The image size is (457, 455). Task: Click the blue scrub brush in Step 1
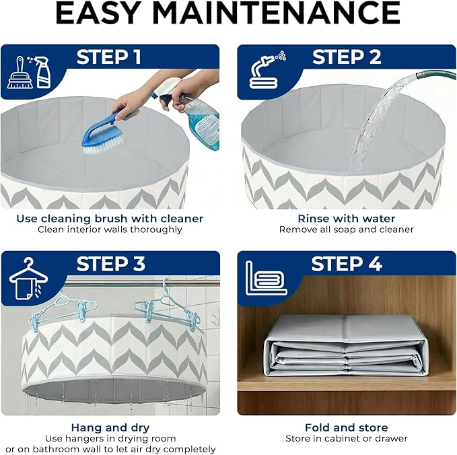point(102,134)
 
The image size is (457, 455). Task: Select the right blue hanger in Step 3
point(168,306)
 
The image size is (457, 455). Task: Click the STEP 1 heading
point(109,57)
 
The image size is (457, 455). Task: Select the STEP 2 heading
point(347,57)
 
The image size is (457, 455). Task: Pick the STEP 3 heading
point(111,264)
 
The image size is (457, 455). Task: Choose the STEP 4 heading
point(347,264)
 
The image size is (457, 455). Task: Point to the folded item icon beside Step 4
point(266,279)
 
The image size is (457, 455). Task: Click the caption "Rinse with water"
point(347,219)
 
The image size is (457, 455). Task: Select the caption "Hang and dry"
point(110,427)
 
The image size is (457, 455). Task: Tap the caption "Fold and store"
point(347,427)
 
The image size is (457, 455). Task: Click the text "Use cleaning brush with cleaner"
point(110,219)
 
